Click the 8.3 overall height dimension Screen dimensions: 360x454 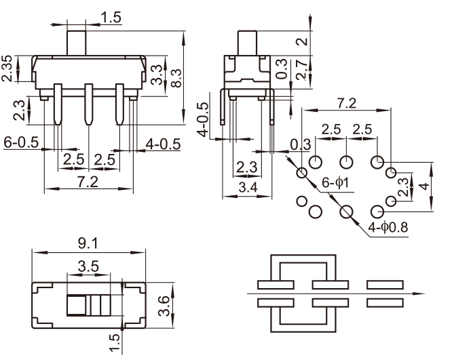pos(176,79)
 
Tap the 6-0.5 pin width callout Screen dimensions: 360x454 pos(20,143)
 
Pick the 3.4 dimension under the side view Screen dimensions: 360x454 pos(248,187)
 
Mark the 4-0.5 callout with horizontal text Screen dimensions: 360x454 pos(163,143)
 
